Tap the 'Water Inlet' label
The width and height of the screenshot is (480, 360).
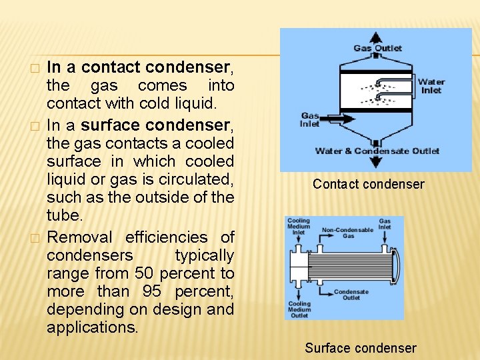(431, 86)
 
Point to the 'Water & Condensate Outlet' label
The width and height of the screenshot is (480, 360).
(377, 151)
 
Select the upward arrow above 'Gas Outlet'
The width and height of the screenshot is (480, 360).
(377, 37)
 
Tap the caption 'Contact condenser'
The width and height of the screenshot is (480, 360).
(368, 184)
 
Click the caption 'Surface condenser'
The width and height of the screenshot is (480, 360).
(360, 348)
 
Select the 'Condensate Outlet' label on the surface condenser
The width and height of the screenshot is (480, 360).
(351, 295)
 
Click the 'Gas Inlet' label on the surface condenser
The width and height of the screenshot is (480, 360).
(385, 224)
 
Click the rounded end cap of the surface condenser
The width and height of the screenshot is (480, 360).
(398, 265)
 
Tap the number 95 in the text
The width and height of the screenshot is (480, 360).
(152, 291)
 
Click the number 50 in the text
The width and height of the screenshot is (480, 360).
(145, 273)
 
